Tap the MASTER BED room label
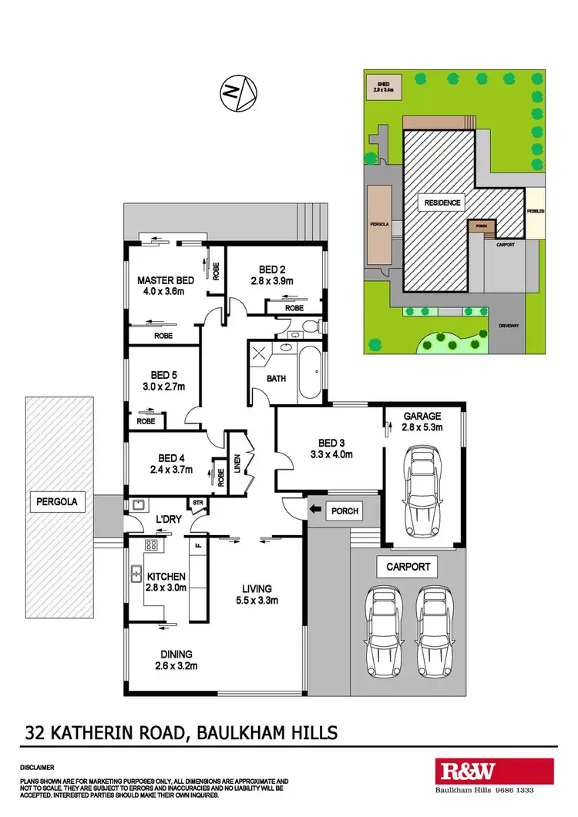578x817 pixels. click(165, 280)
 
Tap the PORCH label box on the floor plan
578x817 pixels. click(340, 510)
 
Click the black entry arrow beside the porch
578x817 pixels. click(315, 509)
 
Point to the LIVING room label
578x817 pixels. click(256, 588)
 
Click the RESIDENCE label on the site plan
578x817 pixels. click(442, 203)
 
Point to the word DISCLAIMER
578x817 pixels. click(38, 768)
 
